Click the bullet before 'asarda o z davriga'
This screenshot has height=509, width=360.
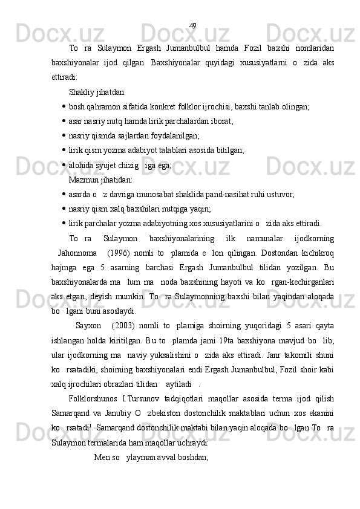tap(64, 194)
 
